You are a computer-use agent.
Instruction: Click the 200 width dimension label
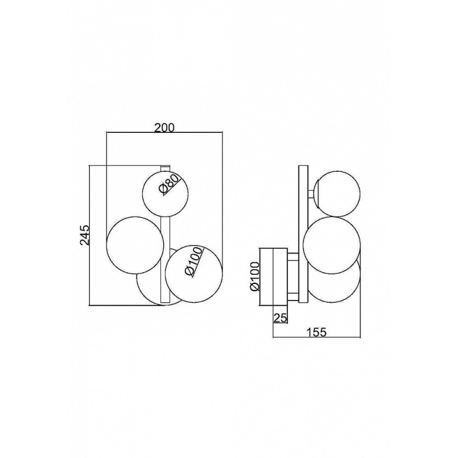tap(164, 128)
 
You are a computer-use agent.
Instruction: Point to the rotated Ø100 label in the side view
tap(255, 277)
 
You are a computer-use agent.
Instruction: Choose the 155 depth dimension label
tap(316, 333)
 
